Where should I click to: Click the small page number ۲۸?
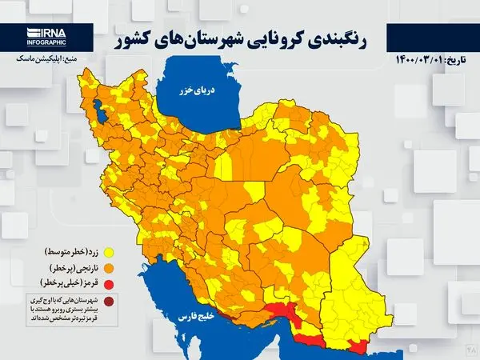coord(470,350)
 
